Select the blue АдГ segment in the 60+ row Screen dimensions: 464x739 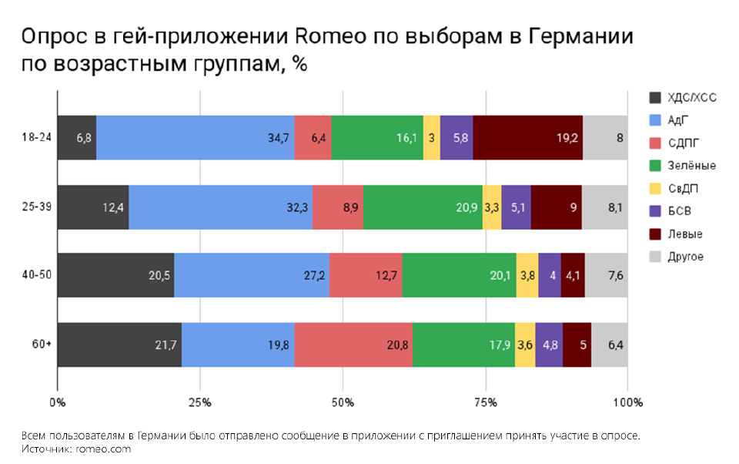pyautogui.click(x=238, y=345)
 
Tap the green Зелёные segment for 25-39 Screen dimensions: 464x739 pyautogui.click(x=423, y=207)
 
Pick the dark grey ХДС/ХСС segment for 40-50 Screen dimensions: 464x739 pyautogui.click(x=115, y=275)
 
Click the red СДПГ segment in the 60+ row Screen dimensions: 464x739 pyautogui.click(x=353, y=345)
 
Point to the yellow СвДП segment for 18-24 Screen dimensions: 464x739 pyautogui.click(x=432, y=138)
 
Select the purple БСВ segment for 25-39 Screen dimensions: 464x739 pyautogui.click(x=517, y=207)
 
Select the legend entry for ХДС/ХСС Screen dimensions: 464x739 pyautogui.click(x=688, y=97)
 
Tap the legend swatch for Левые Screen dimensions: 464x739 pyautogui.click(x=656, y=234)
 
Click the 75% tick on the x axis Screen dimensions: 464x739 pyautogui.click(x=485, y=403)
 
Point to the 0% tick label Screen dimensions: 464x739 pyautogui.click(x=57, y=403)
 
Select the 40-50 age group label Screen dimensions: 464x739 pyautogui.click(x=37, y=275)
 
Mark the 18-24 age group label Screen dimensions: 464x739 pyautogui.click(x=37, y=138)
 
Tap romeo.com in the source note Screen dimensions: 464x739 pyautogui.click(x=102, y=449)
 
